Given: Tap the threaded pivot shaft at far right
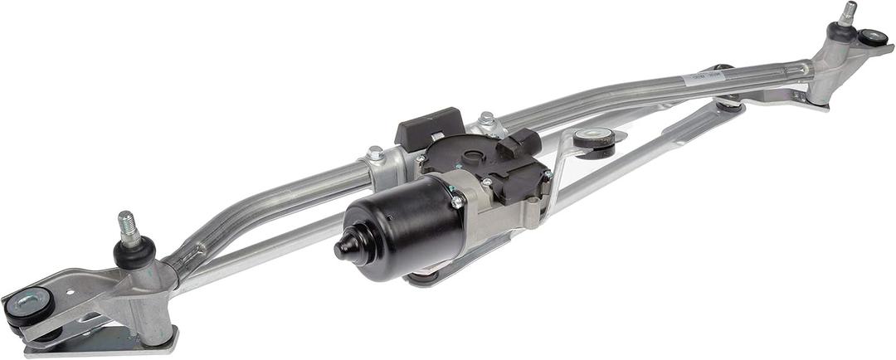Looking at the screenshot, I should point(847,12).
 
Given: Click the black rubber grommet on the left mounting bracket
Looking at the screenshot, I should point(29,305).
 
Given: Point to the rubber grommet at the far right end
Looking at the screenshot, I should point(872,37).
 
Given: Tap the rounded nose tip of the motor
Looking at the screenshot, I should point(344,246).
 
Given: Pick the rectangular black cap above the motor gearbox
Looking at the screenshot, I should point(429,128).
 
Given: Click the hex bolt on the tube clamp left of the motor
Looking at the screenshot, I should point(376,153).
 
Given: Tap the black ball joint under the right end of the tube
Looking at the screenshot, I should point(729,103).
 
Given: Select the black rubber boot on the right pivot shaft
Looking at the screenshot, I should point(840,32).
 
